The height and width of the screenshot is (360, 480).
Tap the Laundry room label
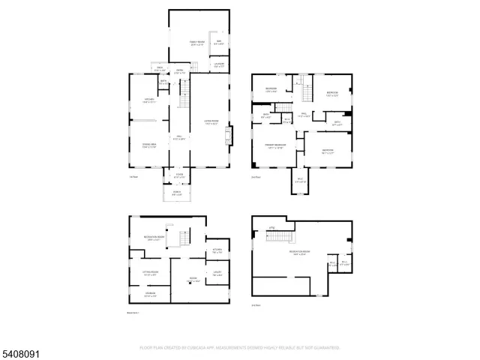[220, 65]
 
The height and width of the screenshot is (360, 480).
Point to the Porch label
[178, 193]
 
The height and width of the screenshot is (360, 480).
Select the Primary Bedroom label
[274, 145]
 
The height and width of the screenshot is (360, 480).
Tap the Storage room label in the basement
[150, 294]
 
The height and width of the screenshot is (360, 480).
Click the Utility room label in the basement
[216, 273]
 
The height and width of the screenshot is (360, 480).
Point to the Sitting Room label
[150, 273]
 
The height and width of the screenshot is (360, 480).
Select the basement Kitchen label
[216, 250]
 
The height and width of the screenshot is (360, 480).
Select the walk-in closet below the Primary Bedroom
[298, 180]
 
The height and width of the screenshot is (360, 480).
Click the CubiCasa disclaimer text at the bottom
[240, 348]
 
